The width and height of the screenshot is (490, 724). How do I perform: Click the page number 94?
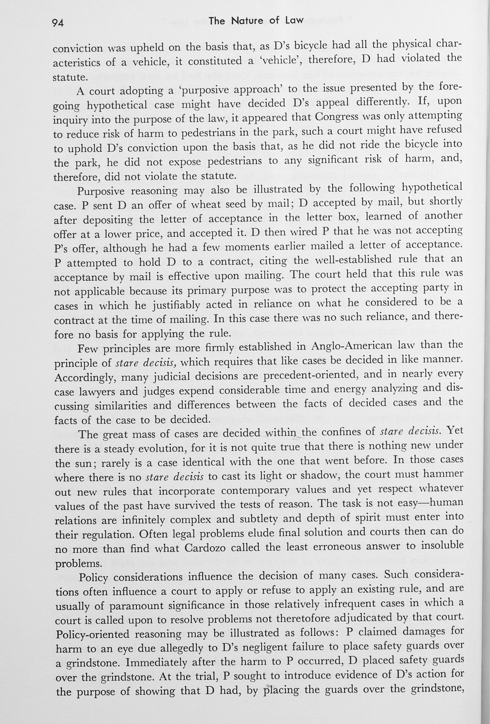(x=58, y=23)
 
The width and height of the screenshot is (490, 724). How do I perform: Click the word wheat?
(x=206, y=204)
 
